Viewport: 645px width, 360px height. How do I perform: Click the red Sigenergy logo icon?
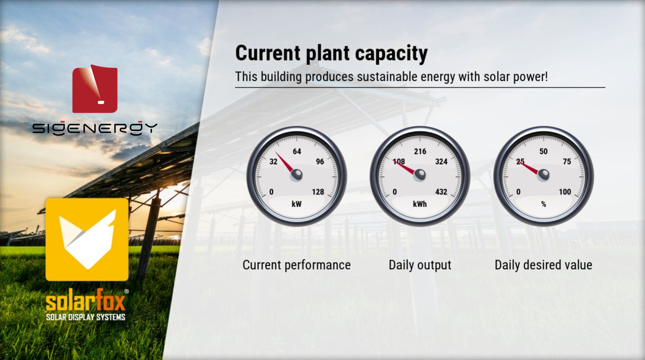95,89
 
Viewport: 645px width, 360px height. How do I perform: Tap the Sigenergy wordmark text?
95,128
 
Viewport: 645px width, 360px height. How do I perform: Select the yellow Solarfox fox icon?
87,239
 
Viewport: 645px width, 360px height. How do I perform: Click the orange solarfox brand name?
85,300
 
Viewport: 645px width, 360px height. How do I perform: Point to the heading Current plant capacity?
332,53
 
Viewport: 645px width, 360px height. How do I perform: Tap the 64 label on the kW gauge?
297,151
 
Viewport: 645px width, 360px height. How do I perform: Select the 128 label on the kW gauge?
318,192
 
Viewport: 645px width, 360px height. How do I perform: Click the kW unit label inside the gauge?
296,204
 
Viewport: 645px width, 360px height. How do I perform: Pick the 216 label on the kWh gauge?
420,151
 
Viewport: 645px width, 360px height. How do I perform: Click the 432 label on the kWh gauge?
441,192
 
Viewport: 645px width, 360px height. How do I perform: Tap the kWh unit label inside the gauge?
420,204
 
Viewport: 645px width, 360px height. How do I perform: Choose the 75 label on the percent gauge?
567,162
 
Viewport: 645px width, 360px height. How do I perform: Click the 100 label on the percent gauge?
565,192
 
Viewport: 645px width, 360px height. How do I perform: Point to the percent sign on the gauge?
543,204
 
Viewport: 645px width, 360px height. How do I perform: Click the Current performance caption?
296,265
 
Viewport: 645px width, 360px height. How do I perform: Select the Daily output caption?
420,265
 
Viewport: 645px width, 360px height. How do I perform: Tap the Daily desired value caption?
543,265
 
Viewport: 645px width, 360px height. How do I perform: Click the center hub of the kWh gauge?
420,175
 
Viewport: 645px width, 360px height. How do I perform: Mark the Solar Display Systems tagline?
85,317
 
